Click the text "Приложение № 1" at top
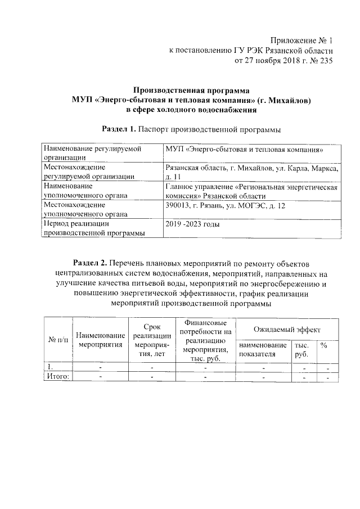[301, 40]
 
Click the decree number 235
[326, 61]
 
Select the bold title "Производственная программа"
[191, 90]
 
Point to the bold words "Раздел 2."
[91, 263]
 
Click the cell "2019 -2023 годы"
[192, 224]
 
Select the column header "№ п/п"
[59, 340]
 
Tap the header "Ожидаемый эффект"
[286, 328]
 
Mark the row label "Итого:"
[58, 377]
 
